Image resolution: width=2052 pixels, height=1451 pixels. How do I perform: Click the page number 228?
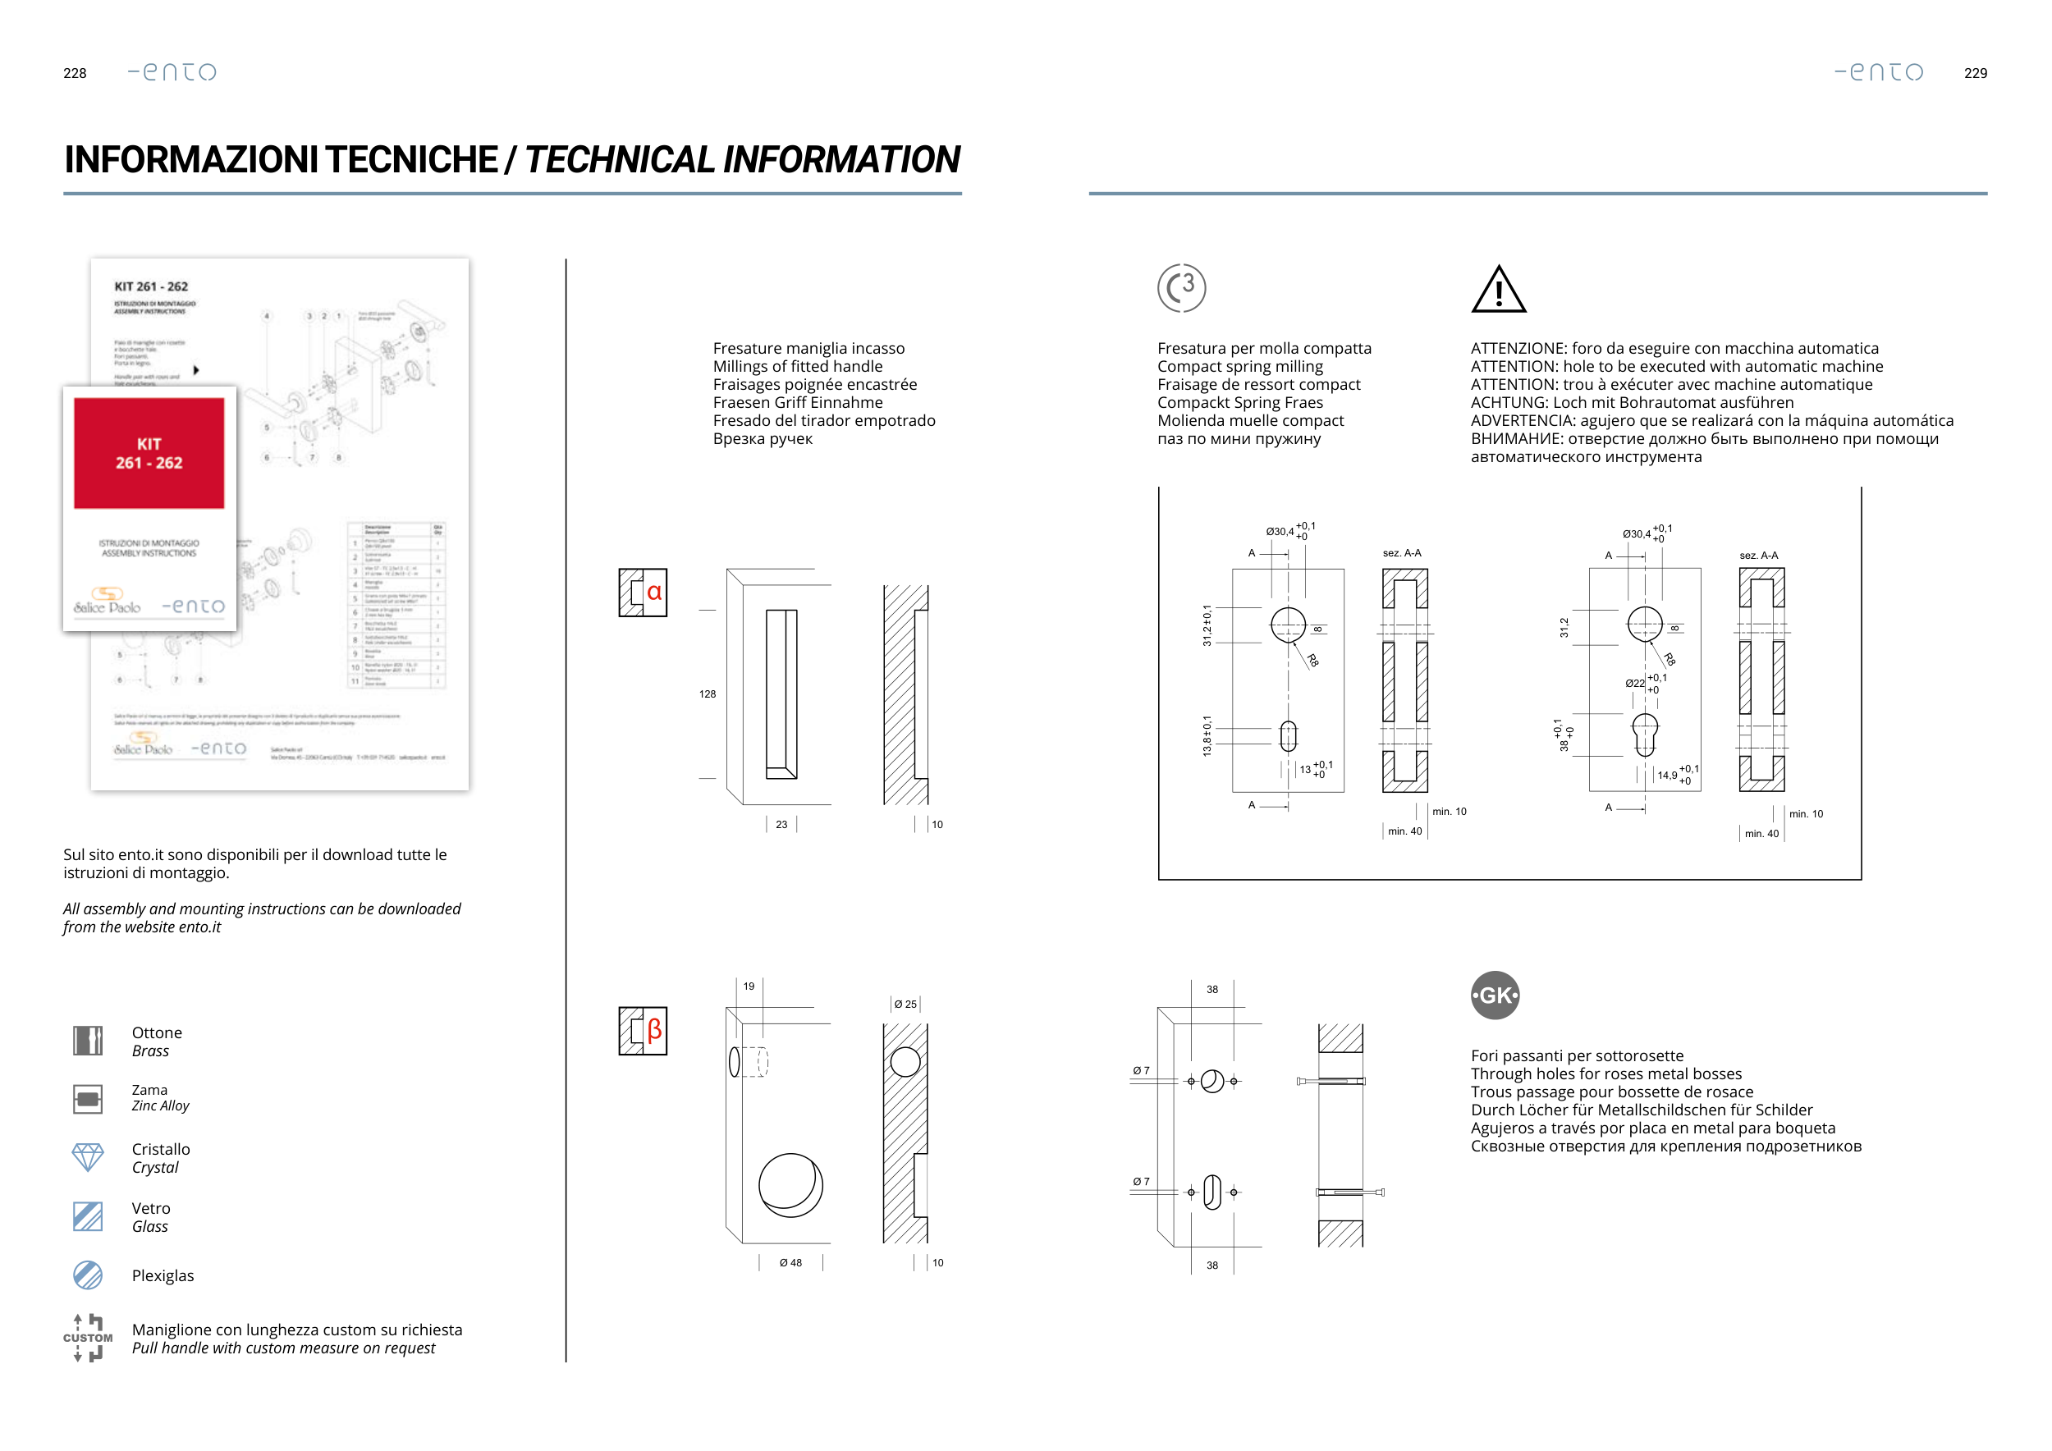click(75, 73)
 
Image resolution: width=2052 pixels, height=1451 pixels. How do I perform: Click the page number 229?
click(1975, 73)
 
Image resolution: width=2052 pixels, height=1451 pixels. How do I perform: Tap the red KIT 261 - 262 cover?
click(149, 453)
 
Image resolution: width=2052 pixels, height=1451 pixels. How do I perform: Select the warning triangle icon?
click(1498, 290)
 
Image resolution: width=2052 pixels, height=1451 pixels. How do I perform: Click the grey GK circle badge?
click(1495, 996)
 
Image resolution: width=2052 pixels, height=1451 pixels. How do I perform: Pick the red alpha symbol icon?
click(644, 592)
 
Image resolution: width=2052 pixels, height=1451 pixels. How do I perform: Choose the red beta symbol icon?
click(644, 1030)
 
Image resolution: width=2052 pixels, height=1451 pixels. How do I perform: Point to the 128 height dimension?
click(707, 694)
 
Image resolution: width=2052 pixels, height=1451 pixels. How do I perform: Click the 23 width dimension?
click(781, 825)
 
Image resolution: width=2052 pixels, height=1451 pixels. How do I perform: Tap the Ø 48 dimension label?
click(790, 1262)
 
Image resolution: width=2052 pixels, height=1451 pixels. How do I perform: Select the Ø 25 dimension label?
click(905, 1005)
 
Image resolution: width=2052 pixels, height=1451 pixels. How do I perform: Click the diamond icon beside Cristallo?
click(88, 1157)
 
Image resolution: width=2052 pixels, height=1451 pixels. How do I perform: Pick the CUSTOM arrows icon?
click(88, 1338)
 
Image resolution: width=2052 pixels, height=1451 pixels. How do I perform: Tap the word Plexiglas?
click(163, 1276)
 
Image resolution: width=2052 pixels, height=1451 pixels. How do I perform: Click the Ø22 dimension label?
click(1635, 684)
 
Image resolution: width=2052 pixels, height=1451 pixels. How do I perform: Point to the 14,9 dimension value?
click(1668, 776)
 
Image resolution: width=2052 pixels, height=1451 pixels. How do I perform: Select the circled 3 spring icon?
click(1180, 288)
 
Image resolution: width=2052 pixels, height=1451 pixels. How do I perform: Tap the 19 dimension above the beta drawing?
click(749, 986)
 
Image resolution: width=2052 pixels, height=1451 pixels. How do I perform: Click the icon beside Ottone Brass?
click(88, 1041)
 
